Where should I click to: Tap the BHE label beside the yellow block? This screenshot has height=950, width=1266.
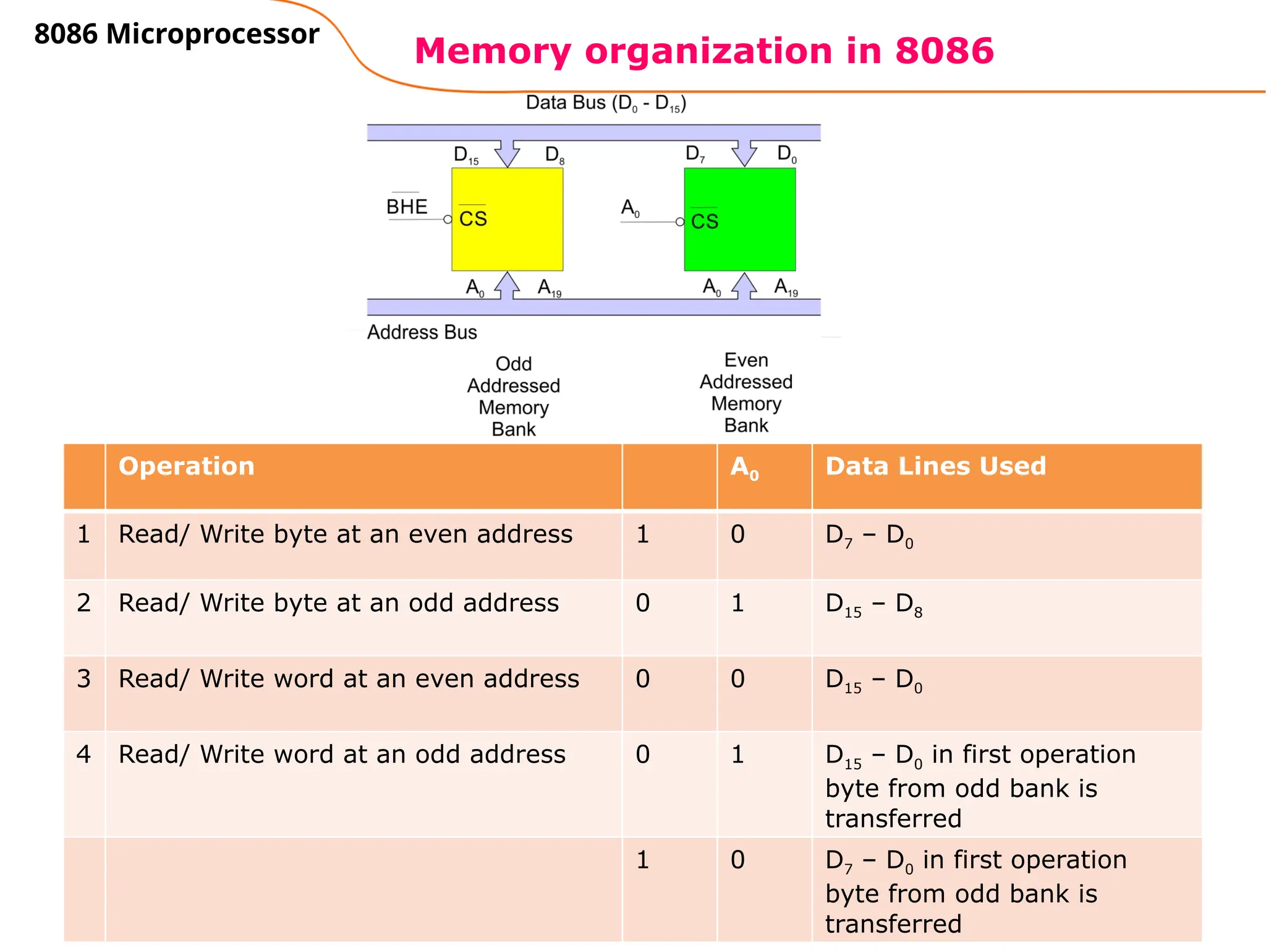[x=407, y=207]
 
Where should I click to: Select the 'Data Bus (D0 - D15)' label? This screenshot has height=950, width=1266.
[x=606, y=103]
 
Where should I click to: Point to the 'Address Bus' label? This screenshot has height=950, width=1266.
[x=422, y=332]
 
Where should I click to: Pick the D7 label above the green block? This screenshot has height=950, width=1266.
[x=695, y=153]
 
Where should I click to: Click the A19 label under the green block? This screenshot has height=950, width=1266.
[x=786, y=288]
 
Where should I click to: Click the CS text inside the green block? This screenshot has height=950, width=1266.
[x=705, y=221]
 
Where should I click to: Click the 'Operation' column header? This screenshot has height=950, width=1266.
[x=186, y=466]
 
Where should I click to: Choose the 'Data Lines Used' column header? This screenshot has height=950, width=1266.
[x=935, y=466]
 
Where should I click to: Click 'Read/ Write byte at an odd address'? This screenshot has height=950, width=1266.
[x=338, y=603]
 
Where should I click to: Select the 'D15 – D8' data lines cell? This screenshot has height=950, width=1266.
[x=873, y=604]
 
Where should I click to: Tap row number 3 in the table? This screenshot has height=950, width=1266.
[x=84, y=678]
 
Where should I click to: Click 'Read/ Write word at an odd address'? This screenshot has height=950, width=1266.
[x=342, y=755]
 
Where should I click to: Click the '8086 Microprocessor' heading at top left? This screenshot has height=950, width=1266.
[x=177, y=34]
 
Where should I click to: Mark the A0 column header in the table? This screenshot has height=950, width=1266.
[x=744, y=468]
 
